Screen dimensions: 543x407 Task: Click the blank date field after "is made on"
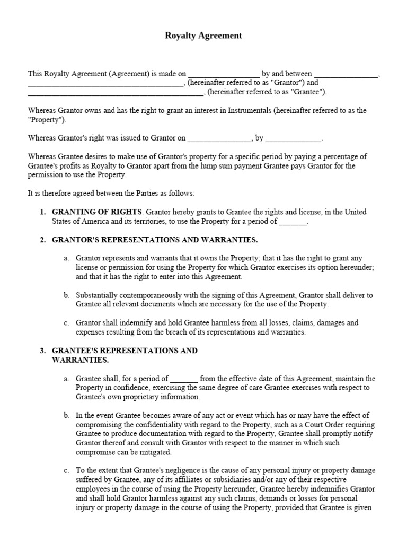point(224,75)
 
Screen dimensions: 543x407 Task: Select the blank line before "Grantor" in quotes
point(104,83)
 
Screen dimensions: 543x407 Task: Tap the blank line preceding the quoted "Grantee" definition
point(115,92)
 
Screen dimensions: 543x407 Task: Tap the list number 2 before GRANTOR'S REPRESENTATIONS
point(43,240)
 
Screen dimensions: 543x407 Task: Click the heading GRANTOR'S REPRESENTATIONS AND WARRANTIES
point(155,240)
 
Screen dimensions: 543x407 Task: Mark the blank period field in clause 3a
point(184,379)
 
